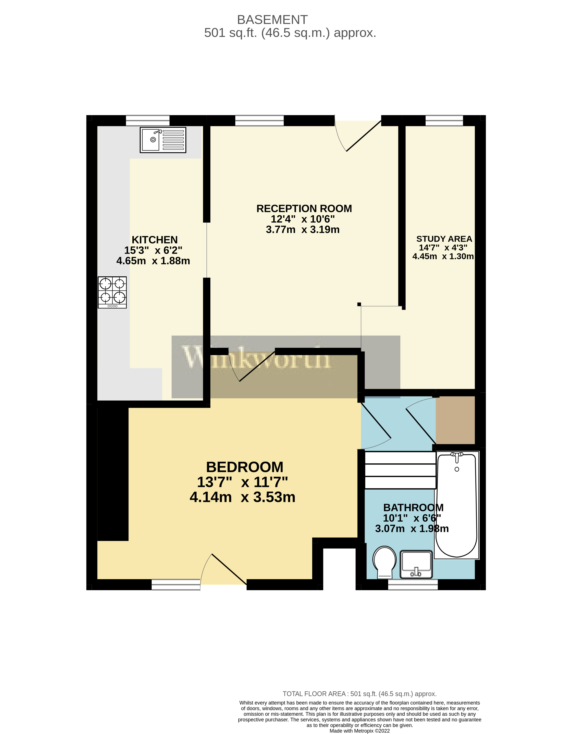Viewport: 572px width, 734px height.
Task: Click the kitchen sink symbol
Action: click(163, 140)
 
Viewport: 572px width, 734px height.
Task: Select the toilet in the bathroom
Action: click(384, 562)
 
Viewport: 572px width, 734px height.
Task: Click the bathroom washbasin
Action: click(416, 564)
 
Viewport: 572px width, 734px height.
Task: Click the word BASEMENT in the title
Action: click(272, 20)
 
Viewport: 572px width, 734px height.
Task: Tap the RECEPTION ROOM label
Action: click(304, 209)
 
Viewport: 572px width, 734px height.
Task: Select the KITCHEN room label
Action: click(155, 240)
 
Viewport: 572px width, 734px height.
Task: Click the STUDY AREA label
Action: click(444, 239)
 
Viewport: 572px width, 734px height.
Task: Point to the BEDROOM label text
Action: click(245, 467)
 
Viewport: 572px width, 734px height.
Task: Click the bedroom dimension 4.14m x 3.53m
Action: click(242, 497)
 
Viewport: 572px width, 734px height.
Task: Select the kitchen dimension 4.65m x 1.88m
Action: click(153, 261)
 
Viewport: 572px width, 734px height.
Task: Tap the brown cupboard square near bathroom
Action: click(455, 420)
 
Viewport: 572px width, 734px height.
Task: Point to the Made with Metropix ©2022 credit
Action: click(360, 731)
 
